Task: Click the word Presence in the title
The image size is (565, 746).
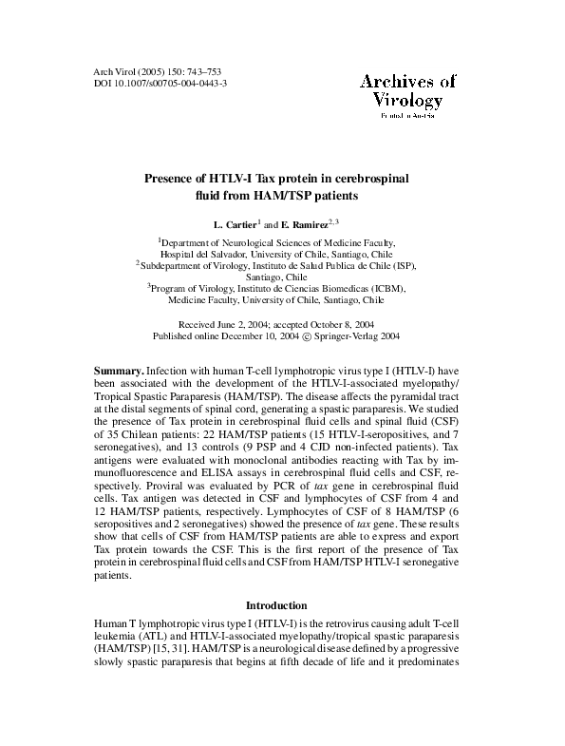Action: click(x=171, y=178)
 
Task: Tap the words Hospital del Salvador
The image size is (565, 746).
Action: click(x=205, y=255)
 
